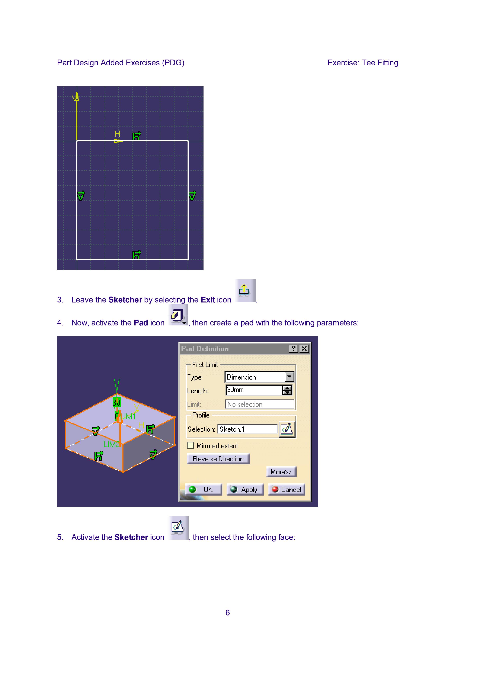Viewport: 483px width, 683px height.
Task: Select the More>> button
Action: click(x=281, y=472)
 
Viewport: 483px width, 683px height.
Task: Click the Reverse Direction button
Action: click(x=218, y=459)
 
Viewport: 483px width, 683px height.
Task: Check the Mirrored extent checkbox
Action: click(x=190, y=445)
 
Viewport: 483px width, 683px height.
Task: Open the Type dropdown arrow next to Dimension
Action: click(x=289, y=377)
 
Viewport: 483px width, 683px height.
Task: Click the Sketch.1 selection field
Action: click(x=248, y=429)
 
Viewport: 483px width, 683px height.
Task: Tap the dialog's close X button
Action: click(x=304, y=349)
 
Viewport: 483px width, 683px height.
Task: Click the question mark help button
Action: click(x=294, y=349)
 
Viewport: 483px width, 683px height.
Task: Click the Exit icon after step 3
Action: click(x=245, y=291)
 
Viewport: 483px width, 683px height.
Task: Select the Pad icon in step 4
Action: click(x=178, y=315)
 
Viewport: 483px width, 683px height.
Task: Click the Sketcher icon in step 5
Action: click(x=178, y=528)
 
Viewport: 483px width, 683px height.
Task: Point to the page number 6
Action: click(x=228, y=613)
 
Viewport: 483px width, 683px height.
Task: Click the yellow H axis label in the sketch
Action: click(x=118, y=134)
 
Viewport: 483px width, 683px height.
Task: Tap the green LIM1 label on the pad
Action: click(x=128, y=417)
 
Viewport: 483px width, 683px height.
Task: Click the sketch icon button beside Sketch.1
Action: click(x=287, y=429)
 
